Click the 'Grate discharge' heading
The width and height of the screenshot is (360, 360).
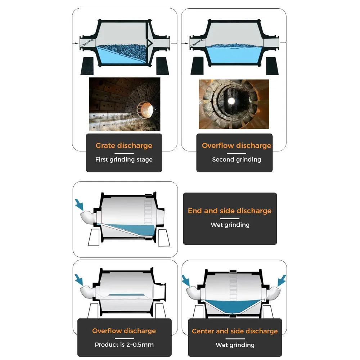(124, 145)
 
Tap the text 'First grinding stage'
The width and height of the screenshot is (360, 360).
(124, 159)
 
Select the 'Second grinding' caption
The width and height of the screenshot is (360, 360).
(237, 159)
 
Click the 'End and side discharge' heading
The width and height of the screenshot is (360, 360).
(230, 211)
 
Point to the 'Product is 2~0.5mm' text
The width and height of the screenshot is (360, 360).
(124, 345)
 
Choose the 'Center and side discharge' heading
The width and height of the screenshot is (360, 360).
(235, 331)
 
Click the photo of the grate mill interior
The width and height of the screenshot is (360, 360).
(125, 104)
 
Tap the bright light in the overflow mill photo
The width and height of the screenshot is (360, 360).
(231, 101)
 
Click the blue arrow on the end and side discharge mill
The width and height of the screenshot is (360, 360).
(79, 205)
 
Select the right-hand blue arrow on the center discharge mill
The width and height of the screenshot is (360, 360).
(282, 280)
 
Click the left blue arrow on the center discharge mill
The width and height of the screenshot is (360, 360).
(186, 280)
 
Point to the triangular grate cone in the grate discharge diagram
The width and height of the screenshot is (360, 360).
(149, 43)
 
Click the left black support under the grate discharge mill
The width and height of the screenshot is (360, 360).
(87, 66)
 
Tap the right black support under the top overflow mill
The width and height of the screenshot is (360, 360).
(272, 66)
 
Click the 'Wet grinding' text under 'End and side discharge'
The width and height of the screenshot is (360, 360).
(230, 225)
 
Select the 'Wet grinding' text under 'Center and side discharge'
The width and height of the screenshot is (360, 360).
(235, 345)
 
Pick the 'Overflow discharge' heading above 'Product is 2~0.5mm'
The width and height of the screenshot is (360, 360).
(124, 331)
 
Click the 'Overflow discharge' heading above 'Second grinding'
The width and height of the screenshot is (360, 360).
(237, 145)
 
